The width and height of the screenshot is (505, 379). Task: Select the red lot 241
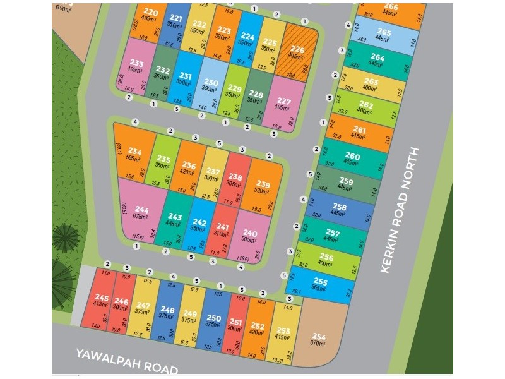(222, 231)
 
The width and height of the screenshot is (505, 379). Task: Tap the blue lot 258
(340, 210)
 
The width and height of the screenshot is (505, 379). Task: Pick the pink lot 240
(251, 235)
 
